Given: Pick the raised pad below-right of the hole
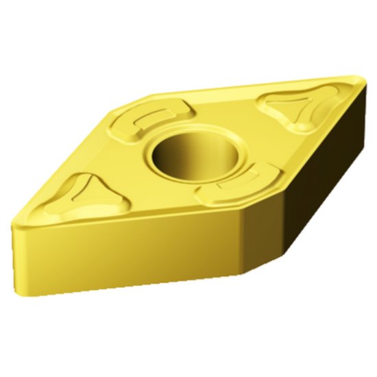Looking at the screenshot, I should (x=230, y=184).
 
